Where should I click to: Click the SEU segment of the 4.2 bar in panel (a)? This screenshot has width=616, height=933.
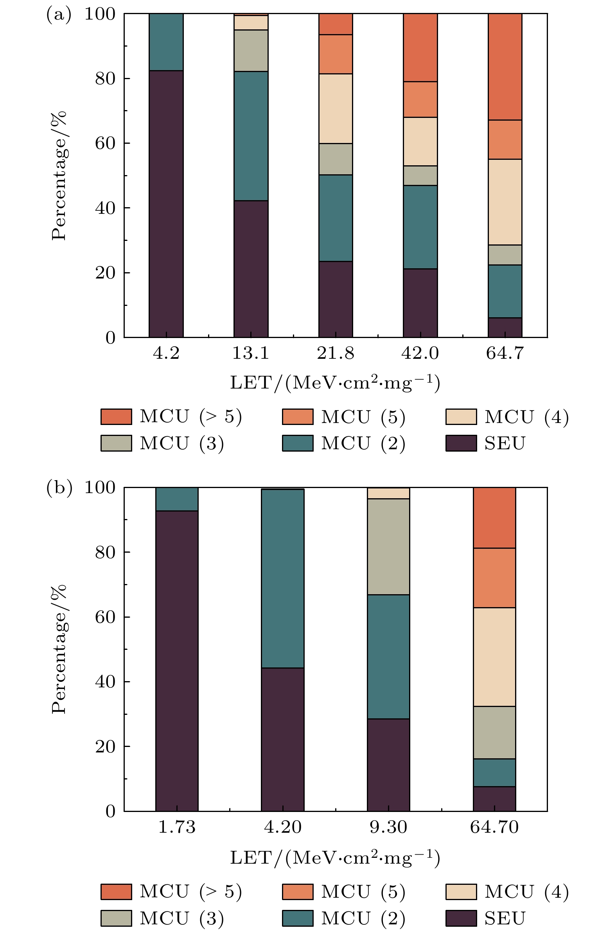[x=166, y=204]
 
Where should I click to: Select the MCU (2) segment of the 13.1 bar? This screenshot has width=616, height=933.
[x=251, y=136]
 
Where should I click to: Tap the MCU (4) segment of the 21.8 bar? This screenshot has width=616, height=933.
[x=336, y=108]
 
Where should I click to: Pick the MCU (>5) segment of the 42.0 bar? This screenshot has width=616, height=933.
[x=420, y=48]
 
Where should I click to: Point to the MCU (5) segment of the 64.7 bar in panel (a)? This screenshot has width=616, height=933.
[x=505, y=139]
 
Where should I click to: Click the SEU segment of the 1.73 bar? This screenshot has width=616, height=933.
[x=177, y=661]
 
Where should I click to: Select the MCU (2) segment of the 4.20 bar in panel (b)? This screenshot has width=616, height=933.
[x=283, y=579]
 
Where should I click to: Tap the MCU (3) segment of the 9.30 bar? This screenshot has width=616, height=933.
[x=388, y=547]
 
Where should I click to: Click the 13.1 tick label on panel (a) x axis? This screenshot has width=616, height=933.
[x=251, y=353]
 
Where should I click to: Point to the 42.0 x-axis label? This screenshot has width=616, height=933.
[x=420, y=353]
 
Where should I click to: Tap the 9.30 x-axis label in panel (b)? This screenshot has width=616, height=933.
[x=388, y=827]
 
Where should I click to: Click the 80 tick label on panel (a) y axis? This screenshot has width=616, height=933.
[x=105, y=79]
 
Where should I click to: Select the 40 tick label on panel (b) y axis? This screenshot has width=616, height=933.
[x=105, y=682]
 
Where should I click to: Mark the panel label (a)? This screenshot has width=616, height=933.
[x=59, y=15]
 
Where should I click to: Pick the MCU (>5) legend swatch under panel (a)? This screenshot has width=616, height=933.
[x=116, y=416]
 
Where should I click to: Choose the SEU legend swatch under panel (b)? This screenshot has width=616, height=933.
[x=461, y=918]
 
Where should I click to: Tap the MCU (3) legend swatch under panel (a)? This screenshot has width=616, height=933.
[x=116, y=443]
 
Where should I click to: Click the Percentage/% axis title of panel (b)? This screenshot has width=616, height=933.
[x=59, y=649]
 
